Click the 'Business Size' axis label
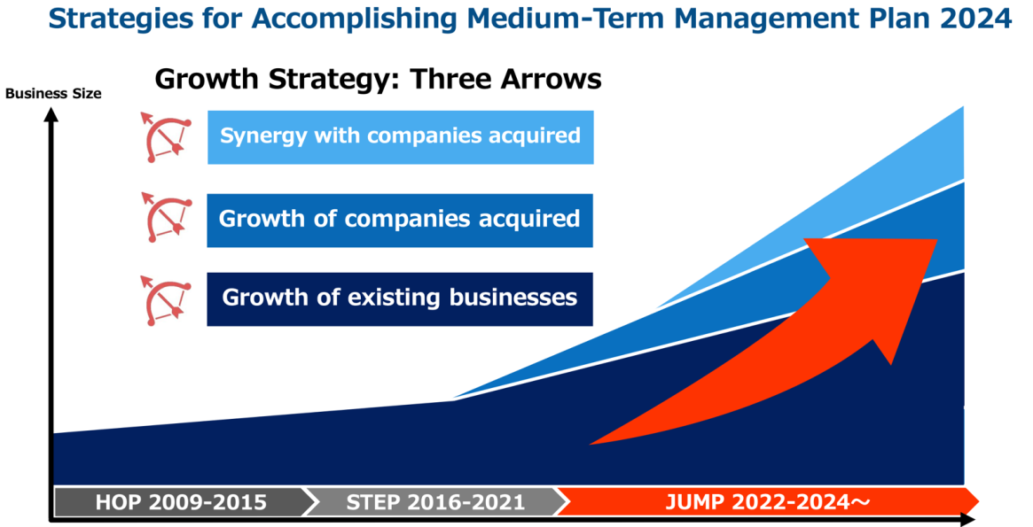point(53,93)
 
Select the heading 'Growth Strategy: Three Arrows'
point(378,80)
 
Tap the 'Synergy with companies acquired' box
point(401,137)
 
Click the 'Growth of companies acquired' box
point(400,221)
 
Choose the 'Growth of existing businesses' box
point(400,299)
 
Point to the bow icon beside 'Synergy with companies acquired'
point(166,137)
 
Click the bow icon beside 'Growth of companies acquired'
point(166,218)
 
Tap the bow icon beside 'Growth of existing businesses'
point(166,301)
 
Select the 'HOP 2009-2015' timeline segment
point(182,503)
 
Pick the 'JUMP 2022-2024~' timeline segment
point(768,503)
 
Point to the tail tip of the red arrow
point(591,444)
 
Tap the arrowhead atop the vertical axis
point(51,114)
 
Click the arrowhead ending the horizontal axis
point(967,520)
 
